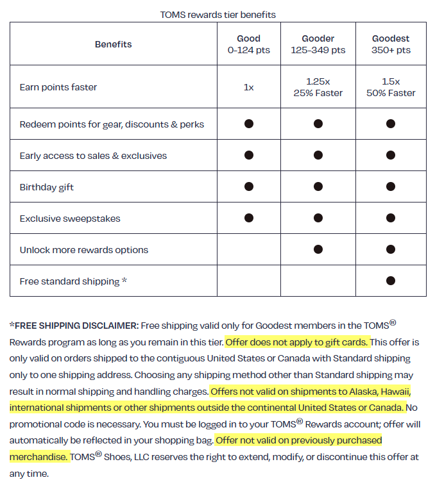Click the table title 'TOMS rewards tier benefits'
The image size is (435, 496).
[x=217, y=13]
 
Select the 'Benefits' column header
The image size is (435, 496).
[x=113, y=44]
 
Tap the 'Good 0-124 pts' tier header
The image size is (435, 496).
[x=248, y=44]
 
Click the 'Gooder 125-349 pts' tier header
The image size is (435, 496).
[x=318, y=44]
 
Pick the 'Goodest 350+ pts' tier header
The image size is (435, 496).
[x=390, y=44]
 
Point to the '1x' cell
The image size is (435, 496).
[x=248, y=87]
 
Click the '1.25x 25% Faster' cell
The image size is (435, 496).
[x=318, y=87]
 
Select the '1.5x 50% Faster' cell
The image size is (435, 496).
[x=390, y=87]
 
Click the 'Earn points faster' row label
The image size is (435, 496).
[x=58, y=87]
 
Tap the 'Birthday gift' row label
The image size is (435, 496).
[x=47, y=187]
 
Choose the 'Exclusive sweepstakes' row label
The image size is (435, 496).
[x=70, y=219]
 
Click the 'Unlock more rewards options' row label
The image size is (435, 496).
[x=84, y=250]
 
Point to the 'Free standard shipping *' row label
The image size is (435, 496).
[x=73, y=281]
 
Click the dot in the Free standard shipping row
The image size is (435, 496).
[x=390, y=281]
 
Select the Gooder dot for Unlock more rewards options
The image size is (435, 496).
[x=318, y=249]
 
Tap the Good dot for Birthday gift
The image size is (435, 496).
[x=248, y=186]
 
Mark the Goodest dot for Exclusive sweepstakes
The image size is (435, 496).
[x=390, y=218]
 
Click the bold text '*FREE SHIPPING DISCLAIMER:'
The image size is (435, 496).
[x=74, y=325]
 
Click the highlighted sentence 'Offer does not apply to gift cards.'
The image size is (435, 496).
[x=296, y=342]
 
